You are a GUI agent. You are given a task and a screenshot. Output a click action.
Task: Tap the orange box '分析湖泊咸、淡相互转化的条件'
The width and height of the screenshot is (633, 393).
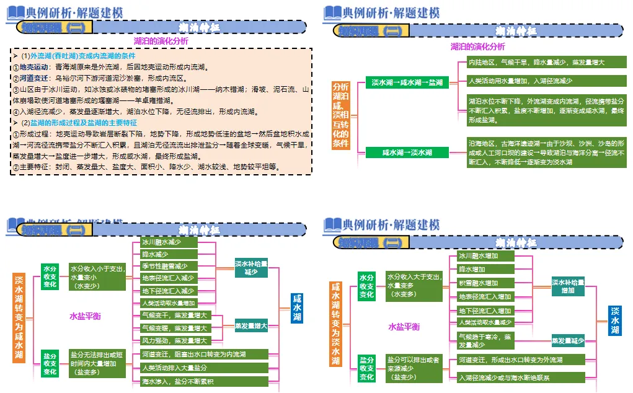point(340,115)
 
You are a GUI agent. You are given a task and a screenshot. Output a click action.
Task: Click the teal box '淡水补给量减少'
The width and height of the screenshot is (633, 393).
point(251,268)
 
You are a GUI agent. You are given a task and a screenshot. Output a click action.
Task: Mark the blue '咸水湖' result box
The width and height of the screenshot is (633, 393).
point(298,308)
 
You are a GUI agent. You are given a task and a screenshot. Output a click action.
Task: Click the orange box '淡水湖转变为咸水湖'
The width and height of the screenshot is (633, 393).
point(19,317)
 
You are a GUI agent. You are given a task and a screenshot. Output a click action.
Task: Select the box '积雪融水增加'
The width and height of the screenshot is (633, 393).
point(485,283)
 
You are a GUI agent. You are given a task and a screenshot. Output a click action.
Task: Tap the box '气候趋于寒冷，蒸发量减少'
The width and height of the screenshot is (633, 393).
point(485,340)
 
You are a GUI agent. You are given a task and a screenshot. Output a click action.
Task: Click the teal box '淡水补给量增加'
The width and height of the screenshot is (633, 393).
point(567,286)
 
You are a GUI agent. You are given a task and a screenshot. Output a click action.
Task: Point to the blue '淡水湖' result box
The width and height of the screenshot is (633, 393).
point(615,320)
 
